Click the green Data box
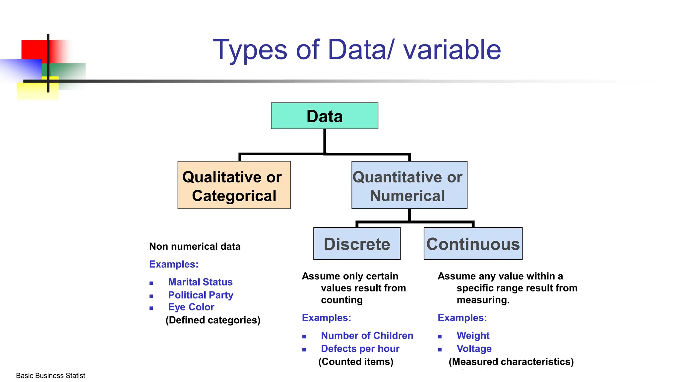click(324, 116)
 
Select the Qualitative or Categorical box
click(234, 185)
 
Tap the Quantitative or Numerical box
click(409, 185)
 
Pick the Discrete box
click(357, 244)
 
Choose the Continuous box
click(473, 244)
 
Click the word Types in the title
click(250, 50)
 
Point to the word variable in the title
click(452, 50)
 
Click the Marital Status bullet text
click(200, 282)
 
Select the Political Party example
click(201, 295)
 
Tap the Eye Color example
click(191, 307)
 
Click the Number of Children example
click(367, 336)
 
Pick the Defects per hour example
click(360, 349)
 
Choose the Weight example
click(473, 336)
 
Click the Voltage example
click(474, 349)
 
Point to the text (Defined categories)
click(213, 320)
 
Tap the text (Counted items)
click(356, 361)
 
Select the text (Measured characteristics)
click(511, 361)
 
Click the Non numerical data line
click(195, 246)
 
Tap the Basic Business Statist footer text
click(50, 376)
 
